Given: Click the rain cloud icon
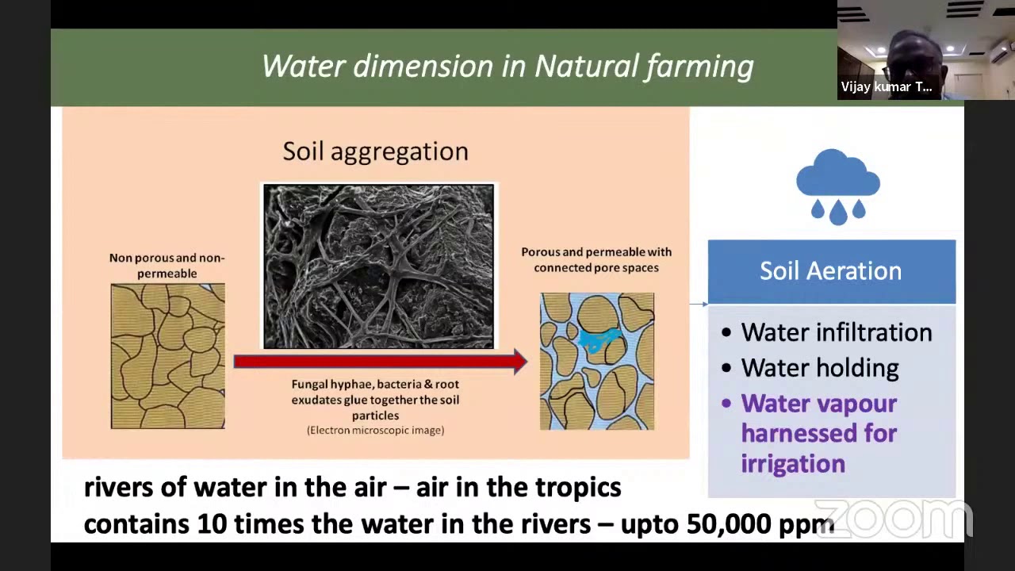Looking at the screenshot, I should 838,186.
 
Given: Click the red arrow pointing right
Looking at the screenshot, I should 381,362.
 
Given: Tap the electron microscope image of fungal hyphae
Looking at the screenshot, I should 378,266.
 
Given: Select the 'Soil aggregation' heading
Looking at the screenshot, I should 375,151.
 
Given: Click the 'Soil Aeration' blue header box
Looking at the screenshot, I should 831,271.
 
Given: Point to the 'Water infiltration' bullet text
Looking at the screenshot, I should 836,332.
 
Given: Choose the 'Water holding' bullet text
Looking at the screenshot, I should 819,368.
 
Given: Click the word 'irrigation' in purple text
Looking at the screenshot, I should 792,464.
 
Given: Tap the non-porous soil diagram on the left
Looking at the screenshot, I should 167,356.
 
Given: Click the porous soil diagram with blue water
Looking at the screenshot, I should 597,361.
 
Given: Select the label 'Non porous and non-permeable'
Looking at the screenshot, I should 167,266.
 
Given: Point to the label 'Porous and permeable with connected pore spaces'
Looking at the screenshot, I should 596,259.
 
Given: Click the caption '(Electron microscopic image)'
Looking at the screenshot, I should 375,430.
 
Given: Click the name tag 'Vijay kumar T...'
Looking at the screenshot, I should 886,87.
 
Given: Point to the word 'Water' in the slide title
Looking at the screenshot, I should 302,67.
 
